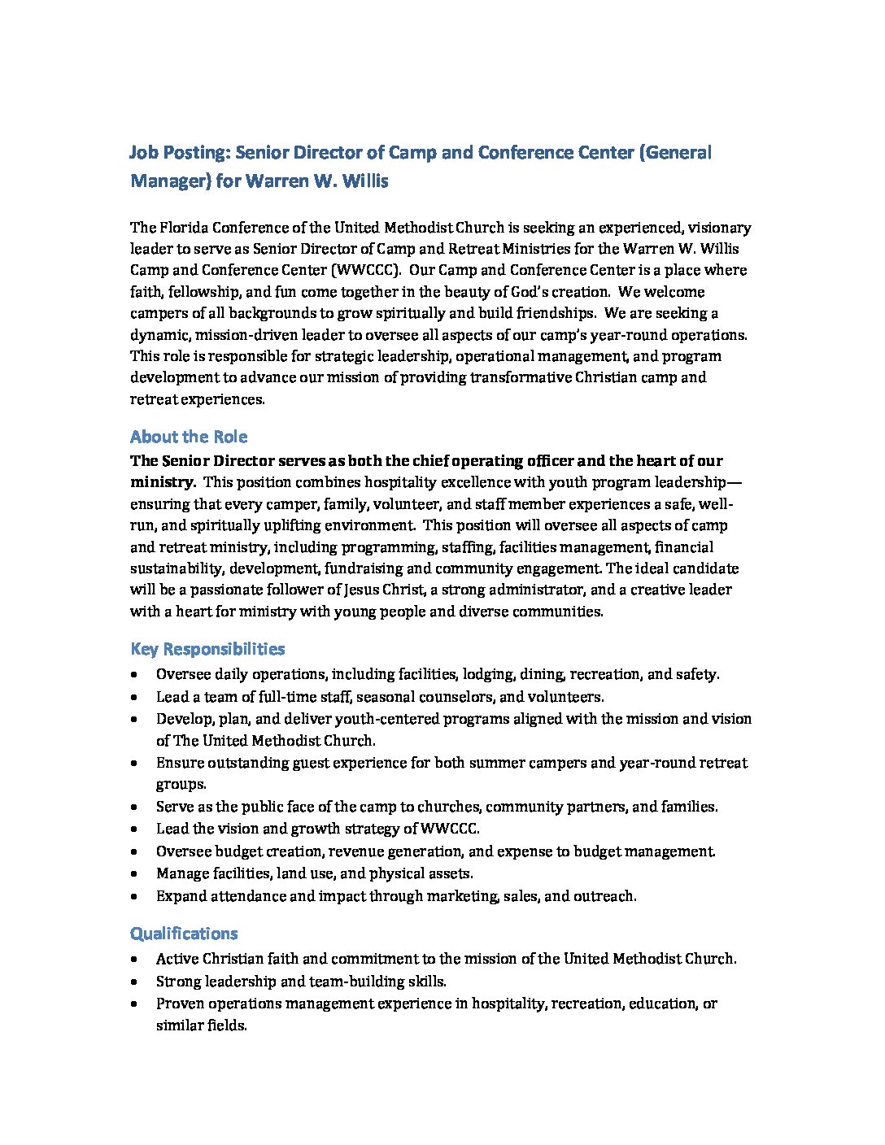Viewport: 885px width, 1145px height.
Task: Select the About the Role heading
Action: coord(189,437)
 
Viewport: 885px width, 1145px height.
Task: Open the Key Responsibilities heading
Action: coord(207,649)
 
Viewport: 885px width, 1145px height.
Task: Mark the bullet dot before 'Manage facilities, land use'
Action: coord(134,874)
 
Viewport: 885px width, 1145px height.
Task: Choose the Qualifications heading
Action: coord(184,934)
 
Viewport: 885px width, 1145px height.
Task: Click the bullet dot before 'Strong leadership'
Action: coord(134,982)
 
